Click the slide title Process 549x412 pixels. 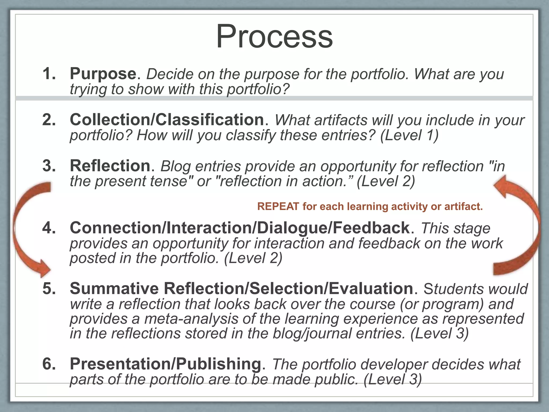274,36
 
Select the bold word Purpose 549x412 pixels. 103,73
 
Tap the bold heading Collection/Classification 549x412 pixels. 167,119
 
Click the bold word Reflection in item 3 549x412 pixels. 110,165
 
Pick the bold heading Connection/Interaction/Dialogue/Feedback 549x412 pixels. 240,228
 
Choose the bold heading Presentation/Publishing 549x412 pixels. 165,364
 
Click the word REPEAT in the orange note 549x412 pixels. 278,207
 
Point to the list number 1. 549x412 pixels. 49,73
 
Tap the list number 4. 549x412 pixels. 49,228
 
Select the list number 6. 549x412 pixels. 49,364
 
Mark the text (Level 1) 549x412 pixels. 409,135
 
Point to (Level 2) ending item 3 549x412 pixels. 386,181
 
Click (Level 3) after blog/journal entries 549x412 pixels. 439,333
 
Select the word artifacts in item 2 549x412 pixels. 341,120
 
